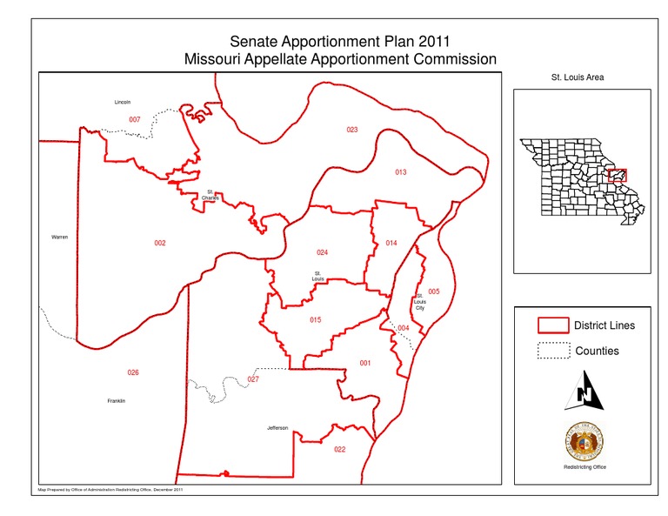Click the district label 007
tap(135, 119)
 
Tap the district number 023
tap(351, 130)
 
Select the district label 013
tap(400, 172)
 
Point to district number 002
tap(160, 243)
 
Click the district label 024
tap(322, 252)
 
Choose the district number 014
tap(391, 243)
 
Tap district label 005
tap(434, 291)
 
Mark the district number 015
tap(315, 320)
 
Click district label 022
tap(339, 449)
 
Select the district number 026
tap(133, 372)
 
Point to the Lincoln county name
tap(123, 102)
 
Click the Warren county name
tap(59, 237)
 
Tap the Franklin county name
tap(117, 400)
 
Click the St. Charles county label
tap(210, 195)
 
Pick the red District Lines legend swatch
tap(551, 326)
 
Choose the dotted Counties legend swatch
tap(551, 352)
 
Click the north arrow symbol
tap(584, 389)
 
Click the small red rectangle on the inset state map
tap(618, 176)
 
